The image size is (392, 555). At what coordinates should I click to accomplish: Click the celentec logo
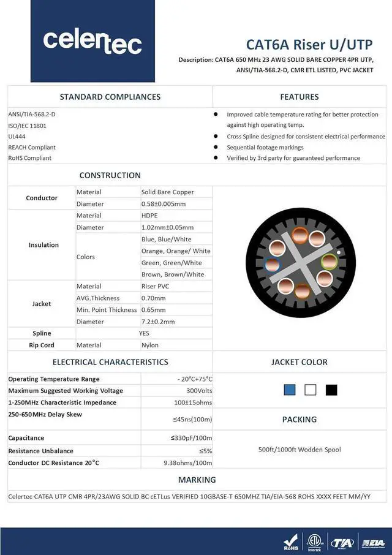tap(92, 41)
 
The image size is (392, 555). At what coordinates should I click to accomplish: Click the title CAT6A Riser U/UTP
tap(309, 45)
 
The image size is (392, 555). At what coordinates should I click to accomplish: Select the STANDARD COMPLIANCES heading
tap(110, 97)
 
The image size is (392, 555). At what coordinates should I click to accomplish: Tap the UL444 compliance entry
tap(17, 137)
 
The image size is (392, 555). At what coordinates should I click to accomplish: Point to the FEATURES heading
tap(300, 97)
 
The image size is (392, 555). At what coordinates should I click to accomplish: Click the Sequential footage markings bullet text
tap(265, 148)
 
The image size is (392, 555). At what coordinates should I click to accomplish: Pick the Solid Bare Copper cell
tap(167, 192)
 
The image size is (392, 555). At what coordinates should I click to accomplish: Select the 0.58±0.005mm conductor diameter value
tap(164, 204)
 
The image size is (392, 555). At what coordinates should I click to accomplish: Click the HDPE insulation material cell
tap(149, 216)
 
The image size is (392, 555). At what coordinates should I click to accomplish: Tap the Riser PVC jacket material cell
tap(155, 286)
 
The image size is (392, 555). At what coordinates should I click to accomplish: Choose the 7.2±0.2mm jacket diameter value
tap(158, 322)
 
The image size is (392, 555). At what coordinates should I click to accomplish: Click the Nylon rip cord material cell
tap(150, 345)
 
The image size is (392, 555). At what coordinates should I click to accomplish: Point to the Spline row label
tap(42, 333)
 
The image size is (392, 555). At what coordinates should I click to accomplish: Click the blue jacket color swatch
tap(290, 390)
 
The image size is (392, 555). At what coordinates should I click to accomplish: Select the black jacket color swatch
tap(331, 390)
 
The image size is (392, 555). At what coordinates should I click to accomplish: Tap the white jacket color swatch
tap(311, 390)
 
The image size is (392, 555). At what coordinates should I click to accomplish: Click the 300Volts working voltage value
tap(199, 391)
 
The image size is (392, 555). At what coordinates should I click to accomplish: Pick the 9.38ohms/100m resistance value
tap(187, 462)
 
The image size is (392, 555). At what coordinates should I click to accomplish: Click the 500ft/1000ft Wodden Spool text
tap(300, 450)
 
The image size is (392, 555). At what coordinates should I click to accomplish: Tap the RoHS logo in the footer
tap(290, 543)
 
